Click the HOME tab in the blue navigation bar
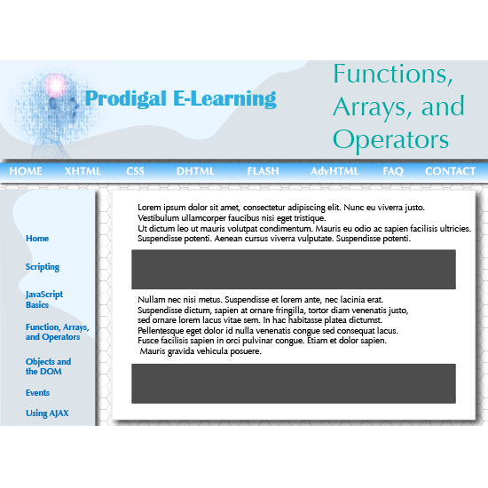[x=26, y=171]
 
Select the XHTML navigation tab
[x=83, y=171]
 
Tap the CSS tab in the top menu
[x=135, y=171]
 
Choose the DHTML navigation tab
[x=195, y=171]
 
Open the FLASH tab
[x=263, y=171]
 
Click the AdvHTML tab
[x=335, y=171]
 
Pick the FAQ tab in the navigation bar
[x=393, y=171]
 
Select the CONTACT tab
[x=451, y=171]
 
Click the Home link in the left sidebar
[x=37, y=239]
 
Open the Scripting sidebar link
[x=43, y=267]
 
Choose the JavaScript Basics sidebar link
[x=44, y=299]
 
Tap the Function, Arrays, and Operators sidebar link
[x=58, y=332]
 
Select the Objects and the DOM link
[x=48, y=366]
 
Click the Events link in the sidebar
[x=37, y=393]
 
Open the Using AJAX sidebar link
[x=47, y=413]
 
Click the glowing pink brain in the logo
[x=56, y=85]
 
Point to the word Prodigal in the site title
[x=126, y=99]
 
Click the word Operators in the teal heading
[x=390, y=140]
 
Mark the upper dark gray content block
[x=294, y=270]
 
